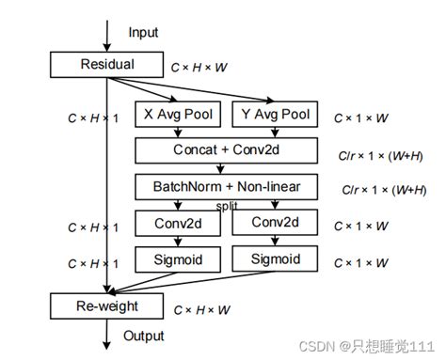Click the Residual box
coord(106,65)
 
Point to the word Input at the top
coord(144,32)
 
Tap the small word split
coord(227,204)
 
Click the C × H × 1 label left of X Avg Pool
coord(92,118)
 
